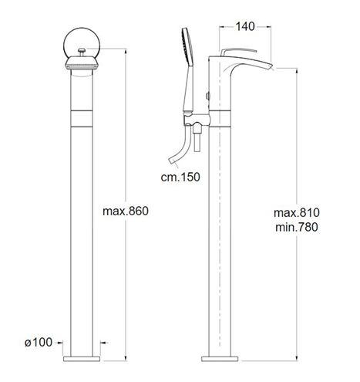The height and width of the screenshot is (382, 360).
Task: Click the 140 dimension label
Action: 245,26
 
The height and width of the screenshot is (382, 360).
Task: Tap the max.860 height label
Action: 126,211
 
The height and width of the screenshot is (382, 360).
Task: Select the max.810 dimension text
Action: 297,213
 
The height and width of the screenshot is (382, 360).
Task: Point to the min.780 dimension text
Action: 297,227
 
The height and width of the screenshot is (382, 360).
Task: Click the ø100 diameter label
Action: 39,343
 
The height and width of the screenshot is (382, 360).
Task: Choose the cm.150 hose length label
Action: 180,177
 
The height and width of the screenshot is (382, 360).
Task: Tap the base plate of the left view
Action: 82,359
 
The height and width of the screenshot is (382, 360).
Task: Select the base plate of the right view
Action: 220,359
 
